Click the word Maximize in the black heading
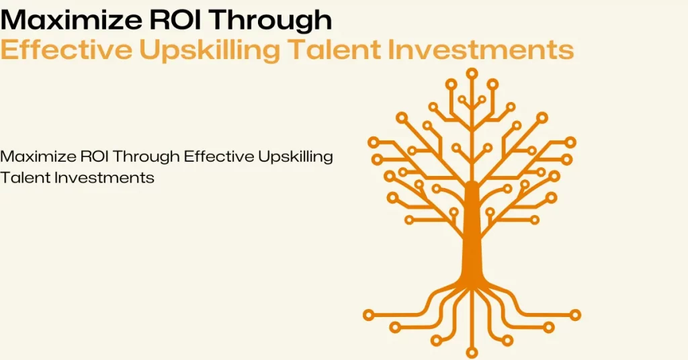71,19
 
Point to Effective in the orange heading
66,49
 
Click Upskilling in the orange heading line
210,51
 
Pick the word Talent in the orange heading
334,49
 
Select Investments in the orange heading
481,49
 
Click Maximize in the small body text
38,156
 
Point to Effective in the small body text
219,156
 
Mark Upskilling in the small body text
296,157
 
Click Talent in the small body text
25,177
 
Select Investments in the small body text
104,177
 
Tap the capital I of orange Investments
390,49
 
